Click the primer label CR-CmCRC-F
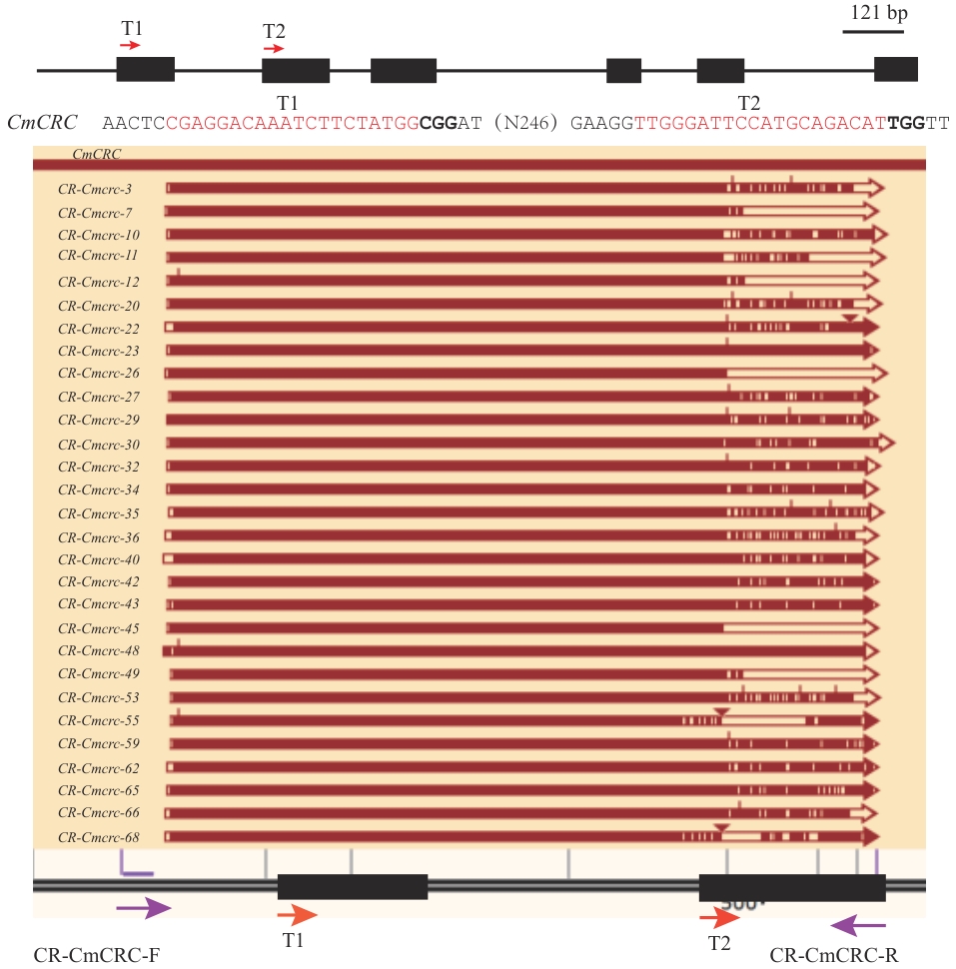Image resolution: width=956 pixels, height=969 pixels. point(97,955)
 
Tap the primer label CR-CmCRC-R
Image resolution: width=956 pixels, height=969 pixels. point(834,955)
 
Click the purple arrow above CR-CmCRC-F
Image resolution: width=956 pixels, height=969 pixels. point(143,908)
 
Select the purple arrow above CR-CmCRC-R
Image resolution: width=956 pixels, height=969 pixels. point(857,924)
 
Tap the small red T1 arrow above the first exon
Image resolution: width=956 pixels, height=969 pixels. point(132,45)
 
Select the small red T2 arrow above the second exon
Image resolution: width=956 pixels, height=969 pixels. point(274,47)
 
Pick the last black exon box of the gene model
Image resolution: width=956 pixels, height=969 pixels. point(895,69)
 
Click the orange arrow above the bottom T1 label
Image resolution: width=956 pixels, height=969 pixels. point(297,913)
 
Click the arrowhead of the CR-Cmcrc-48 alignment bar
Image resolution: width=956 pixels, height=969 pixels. point(871,651)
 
